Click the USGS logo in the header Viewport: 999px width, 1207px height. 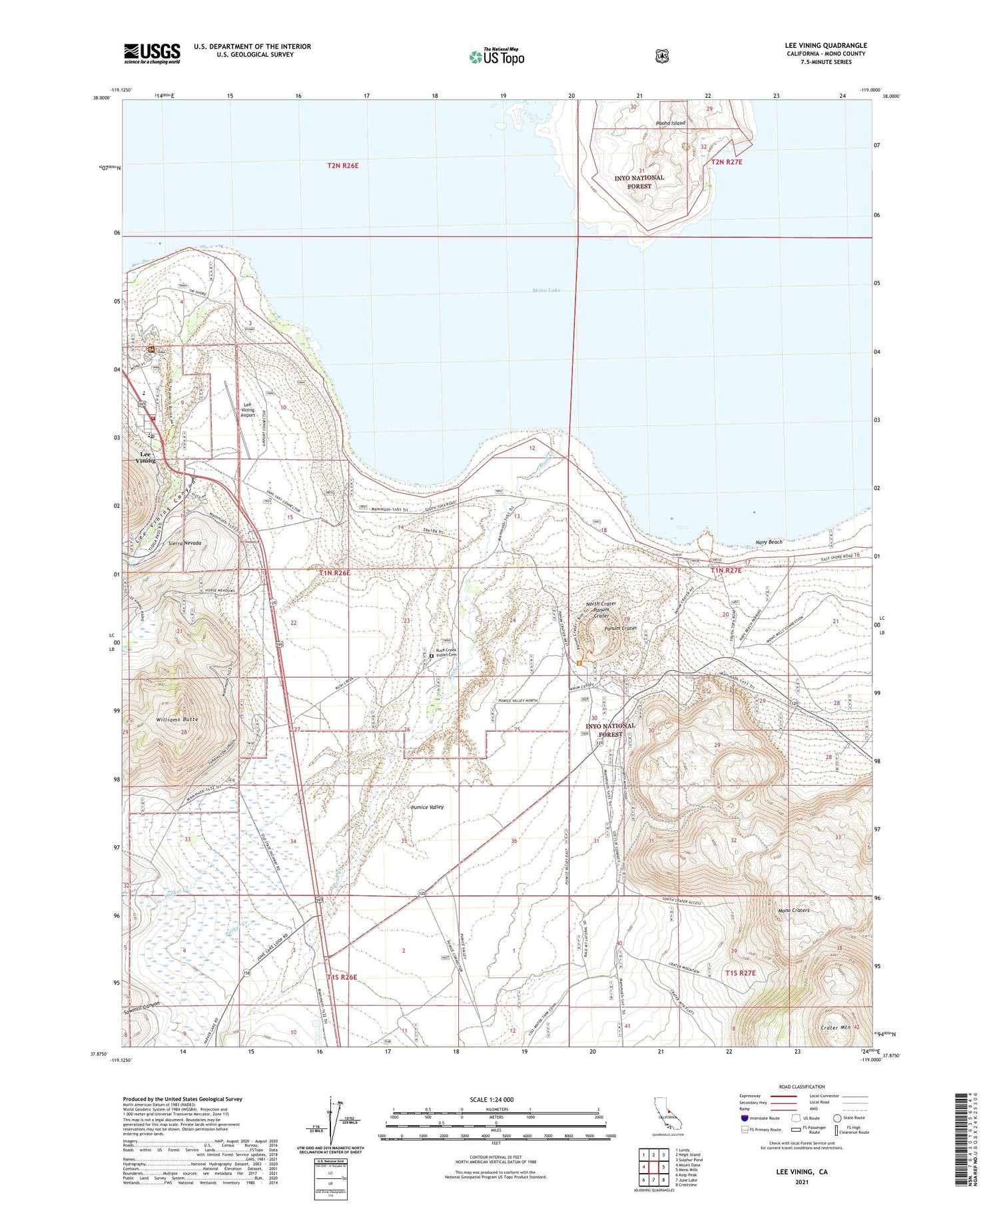152,53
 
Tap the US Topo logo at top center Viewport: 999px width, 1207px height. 496,57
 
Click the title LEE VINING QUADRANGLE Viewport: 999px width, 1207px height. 825,45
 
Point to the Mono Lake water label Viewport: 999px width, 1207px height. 546,290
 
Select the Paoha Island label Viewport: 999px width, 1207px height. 670,123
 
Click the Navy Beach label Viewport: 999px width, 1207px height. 769,542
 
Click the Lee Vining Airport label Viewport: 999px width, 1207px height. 247,409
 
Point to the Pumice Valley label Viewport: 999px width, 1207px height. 427,807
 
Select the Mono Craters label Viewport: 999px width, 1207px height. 793,910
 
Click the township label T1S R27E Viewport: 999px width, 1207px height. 740,973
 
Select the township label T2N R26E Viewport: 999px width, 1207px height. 343,165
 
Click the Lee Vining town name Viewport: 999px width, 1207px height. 145,457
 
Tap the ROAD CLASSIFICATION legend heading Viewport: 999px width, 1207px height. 802,1086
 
